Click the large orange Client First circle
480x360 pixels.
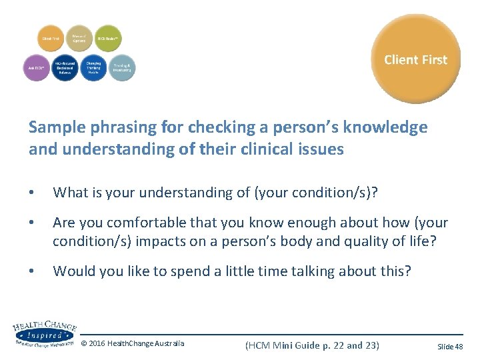click(x=415, y=59)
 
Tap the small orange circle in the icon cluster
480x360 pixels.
click(x=51, y=39)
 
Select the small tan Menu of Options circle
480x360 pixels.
click(x=79, y=39)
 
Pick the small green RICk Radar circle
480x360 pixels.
click(x=108, y=39)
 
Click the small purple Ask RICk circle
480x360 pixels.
click(x=36, y=67)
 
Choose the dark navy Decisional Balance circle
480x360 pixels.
click(x=65, y=67)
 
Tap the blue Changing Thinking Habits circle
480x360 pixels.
click(x=93, y=67)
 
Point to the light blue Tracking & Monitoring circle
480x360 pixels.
click(x=121, y=67)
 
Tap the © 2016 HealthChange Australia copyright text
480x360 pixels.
click(x=133, y=344)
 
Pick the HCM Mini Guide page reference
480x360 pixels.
click(x=312, y=345)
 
